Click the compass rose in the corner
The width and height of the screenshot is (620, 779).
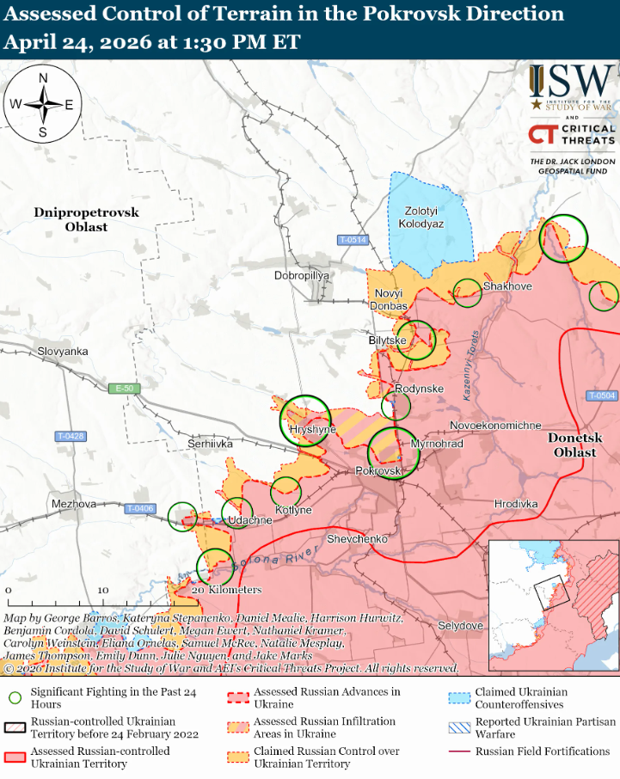(x=42, y=105)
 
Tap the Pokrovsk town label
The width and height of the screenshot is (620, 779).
(x=378, y=472)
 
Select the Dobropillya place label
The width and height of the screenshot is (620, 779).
(x=302, y=276)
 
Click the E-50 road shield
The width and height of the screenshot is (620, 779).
(x=125, y=389)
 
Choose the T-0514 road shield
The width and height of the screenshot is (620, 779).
(x=352, y=240)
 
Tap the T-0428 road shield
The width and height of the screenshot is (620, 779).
(x=71, y=436)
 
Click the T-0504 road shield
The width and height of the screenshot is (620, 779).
(x=602, y=396)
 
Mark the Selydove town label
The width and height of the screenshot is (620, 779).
(x=460, y=626)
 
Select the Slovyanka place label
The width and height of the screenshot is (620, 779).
(x=63, y=352)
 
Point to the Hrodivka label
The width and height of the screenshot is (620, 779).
(x=516, y=503)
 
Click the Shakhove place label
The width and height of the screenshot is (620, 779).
(x=507, y=286)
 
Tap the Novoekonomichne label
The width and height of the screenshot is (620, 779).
(x=495, y=426)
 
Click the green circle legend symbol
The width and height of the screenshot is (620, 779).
(x=14, y=697)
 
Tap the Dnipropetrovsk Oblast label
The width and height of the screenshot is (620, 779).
(x=86, y=219)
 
